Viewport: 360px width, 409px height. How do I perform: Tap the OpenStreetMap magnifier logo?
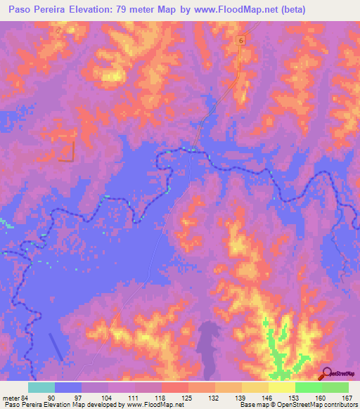point(328,374)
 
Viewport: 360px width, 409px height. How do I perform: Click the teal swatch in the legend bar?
point(41,387)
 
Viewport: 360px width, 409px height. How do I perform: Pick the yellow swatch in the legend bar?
point(282,387)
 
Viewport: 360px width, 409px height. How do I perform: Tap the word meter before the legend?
point(10,398)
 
